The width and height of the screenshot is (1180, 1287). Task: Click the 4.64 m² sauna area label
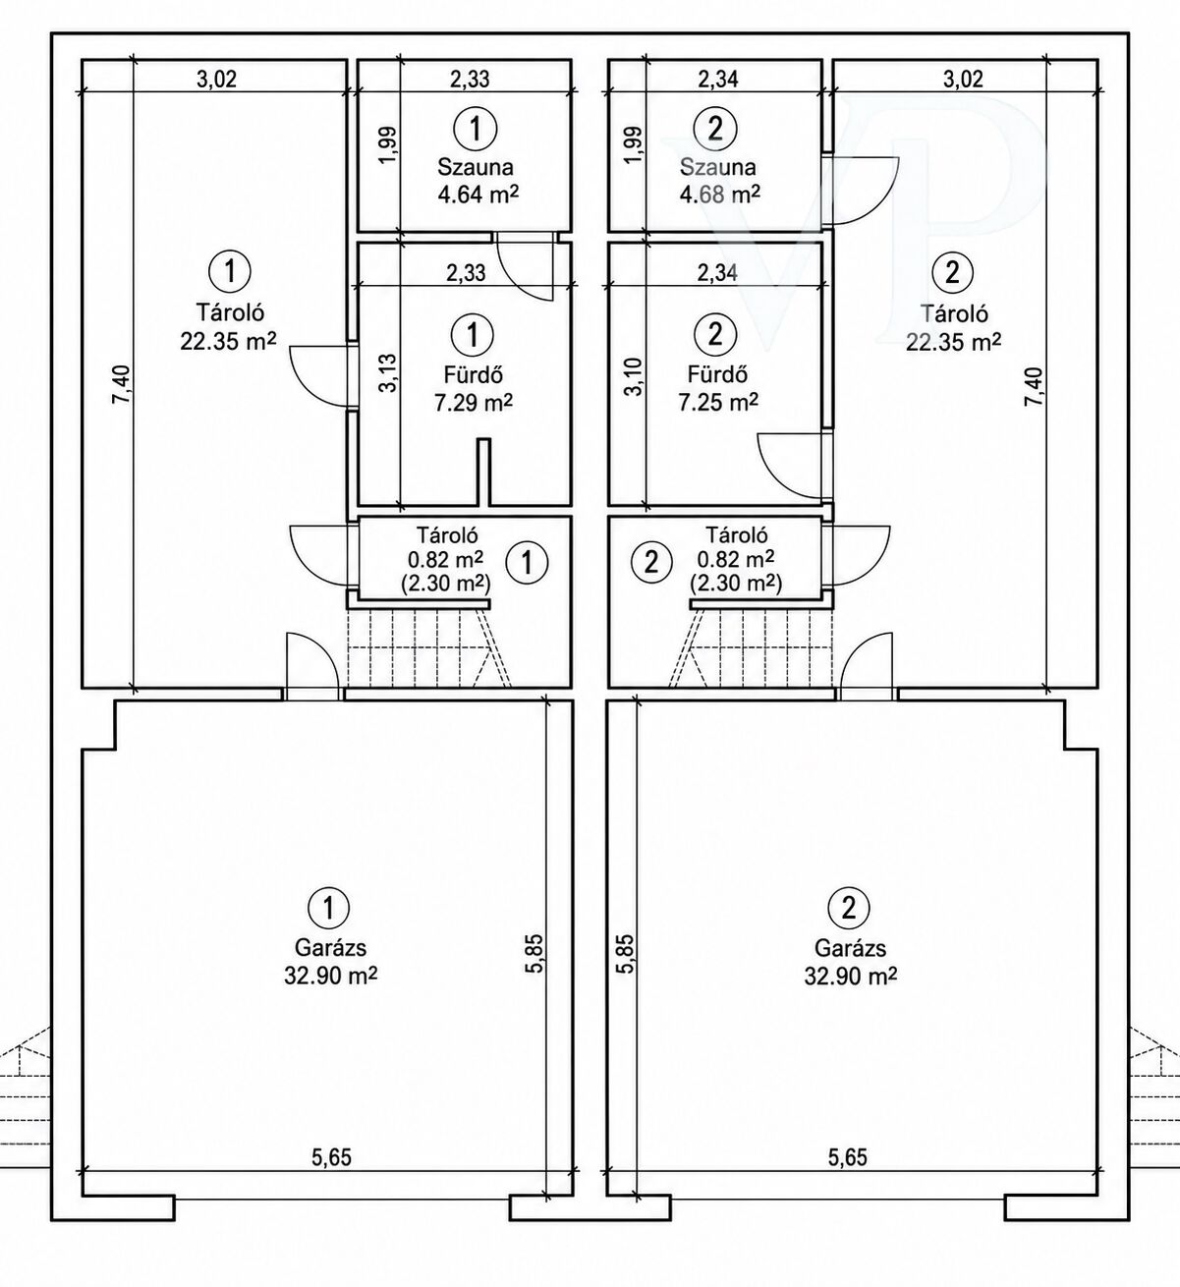point(478,194)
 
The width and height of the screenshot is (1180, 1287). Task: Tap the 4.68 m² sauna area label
point(720,194)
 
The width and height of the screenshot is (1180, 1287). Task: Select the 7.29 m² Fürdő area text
point(474,402)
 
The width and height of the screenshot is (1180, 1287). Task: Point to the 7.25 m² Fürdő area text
point(718,402)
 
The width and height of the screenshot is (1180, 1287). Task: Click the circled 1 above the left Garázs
point(328,908)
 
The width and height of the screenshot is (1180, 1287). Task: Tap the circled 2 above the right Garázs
point(849,908)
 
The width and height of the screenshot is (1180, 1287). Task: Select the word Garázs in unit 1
point(330,948)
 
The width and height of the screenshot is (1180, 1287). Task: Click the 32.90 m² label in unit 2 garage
point(850,976)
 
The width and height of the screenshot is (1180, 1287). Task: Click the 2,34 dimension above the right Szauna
point(718,79)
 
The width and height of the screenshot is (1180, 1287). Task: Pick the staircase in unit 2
point(751,647)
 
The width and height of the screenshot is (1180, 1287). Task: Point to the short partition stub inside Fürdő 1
point(484,473)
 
